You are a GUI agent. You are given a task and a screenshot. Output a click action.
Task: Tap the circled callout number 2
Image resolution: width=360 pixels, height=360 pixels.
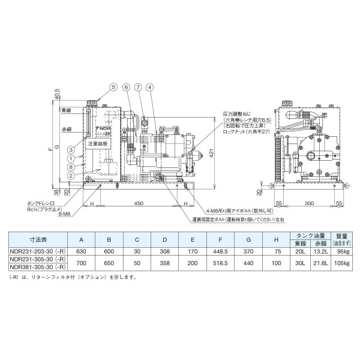(x=71, y=175)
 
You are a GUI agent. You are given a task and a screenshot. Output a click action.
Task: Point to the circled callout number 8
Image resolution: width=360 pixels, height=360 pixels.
(x=71, y=167)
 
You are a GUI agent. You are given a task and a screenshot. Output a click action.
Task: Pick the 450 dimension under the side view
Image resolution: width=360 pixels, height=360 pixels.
(x=139, y=203)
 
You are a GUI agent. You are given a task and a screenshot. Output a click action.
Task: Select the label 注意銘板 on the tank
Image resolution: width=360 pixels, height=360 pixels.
(x=97, y=144)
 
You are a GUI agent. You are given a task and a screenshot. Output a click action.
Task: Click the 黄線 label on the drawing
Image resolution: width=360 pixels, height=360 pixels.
(x=65, y=111)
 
